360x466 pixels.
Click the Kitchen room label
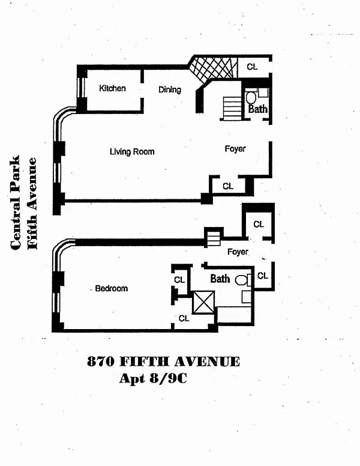(x=112, y=88)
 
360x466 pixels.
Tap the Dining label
(x=170, y=89)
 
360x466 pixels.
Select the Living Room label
(x=132, y=151)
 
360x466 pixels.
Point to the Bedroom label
(x=112, y=288)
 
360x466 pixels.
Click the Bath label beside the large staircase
(x=258, y=110)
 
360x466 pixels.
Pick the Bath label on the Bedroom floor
(x=220, y=279)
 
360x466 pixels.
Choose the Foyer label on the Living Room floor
(x=235, y=148)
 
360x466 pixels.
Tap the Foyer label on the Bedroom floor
(x=238, y=252)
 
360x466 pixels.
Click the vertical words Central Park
(x=16, y=202)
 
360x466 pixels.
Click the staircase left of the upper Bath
(x=232, y=108)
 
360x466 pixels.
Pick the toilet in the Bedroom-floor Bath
(x=241, y=280)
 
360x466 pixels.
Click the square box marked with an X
(x=203, y=301)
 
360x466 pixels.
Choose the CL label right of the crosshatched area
(x=252, y=67)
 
